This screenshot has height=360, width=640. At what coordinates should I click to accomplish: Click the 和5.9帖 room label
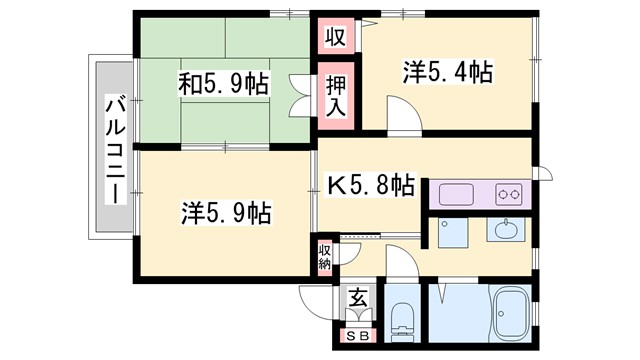225,84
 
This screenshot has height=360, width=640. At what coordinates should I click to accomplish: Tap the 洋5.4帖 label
447,72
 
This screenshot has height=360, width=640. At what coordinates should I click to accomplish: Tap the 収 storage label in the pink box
335,38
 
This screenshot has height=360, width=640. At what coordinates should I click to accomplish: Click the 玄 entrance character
357,298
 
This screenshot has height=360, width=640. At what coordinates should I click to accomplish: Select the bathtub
509,315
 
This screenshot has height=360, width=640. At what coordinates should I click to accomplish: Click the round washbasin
506,229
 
